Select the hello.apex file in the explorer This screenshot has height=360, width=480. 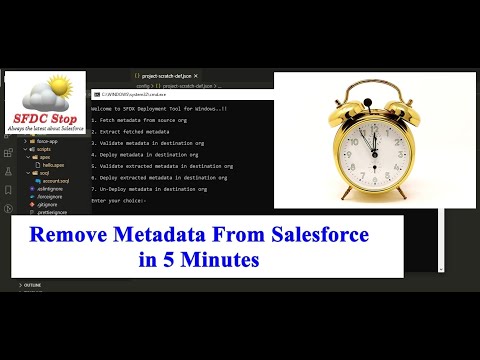click(47, 165)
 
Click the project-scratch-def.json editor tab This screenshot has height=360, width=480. click(166, 75)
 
